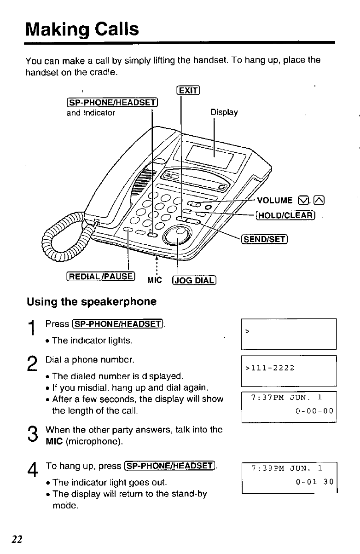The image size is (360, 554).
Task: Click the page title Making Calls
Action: point(82,29)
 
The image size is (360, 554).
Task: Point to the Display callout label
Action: point(224,112)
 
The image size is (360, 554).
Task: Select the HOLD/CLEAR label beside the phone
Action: point(286,214)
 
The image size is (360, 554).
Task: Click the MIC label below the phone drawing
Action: point(154,280)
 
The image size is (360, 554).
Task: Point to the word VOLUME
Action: point(275,200)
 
